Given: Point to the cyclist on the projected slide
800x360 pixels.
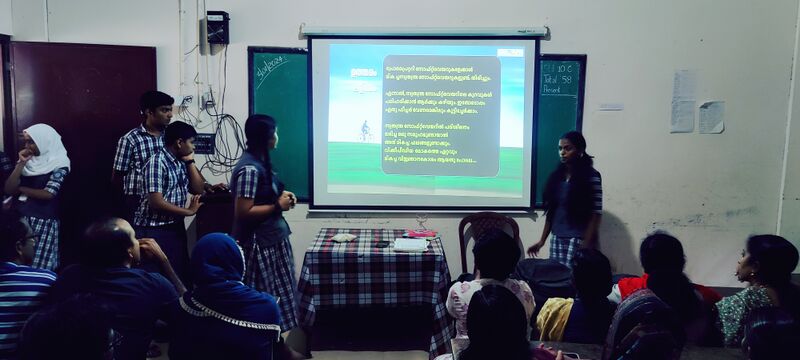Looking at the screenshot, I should click(x=365, y=131).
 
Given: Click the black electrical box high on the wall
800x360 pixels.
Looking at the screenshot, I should click(x=217, y=27).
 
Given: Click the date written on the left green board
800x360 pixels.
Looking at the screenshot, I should click(x=269, y=68).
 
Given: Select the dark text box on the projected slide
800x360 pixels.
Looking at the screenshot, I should click(x=440, y=115).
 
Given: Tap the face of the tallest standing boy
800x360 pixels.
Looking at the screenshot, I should click(x=157, y=112).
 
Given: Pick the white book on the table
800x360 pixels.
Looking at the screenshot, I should click(x=409, y=244).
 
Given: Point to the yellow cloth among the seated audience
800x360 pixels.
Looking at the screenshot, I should click(x=555, y=318).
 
